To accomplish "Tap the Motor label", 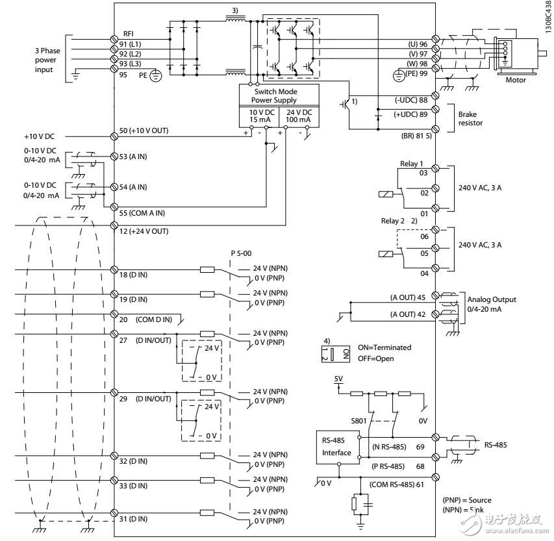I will click(x=516, y=81).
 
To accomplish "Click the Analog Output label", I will click(x=492, y=299).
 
